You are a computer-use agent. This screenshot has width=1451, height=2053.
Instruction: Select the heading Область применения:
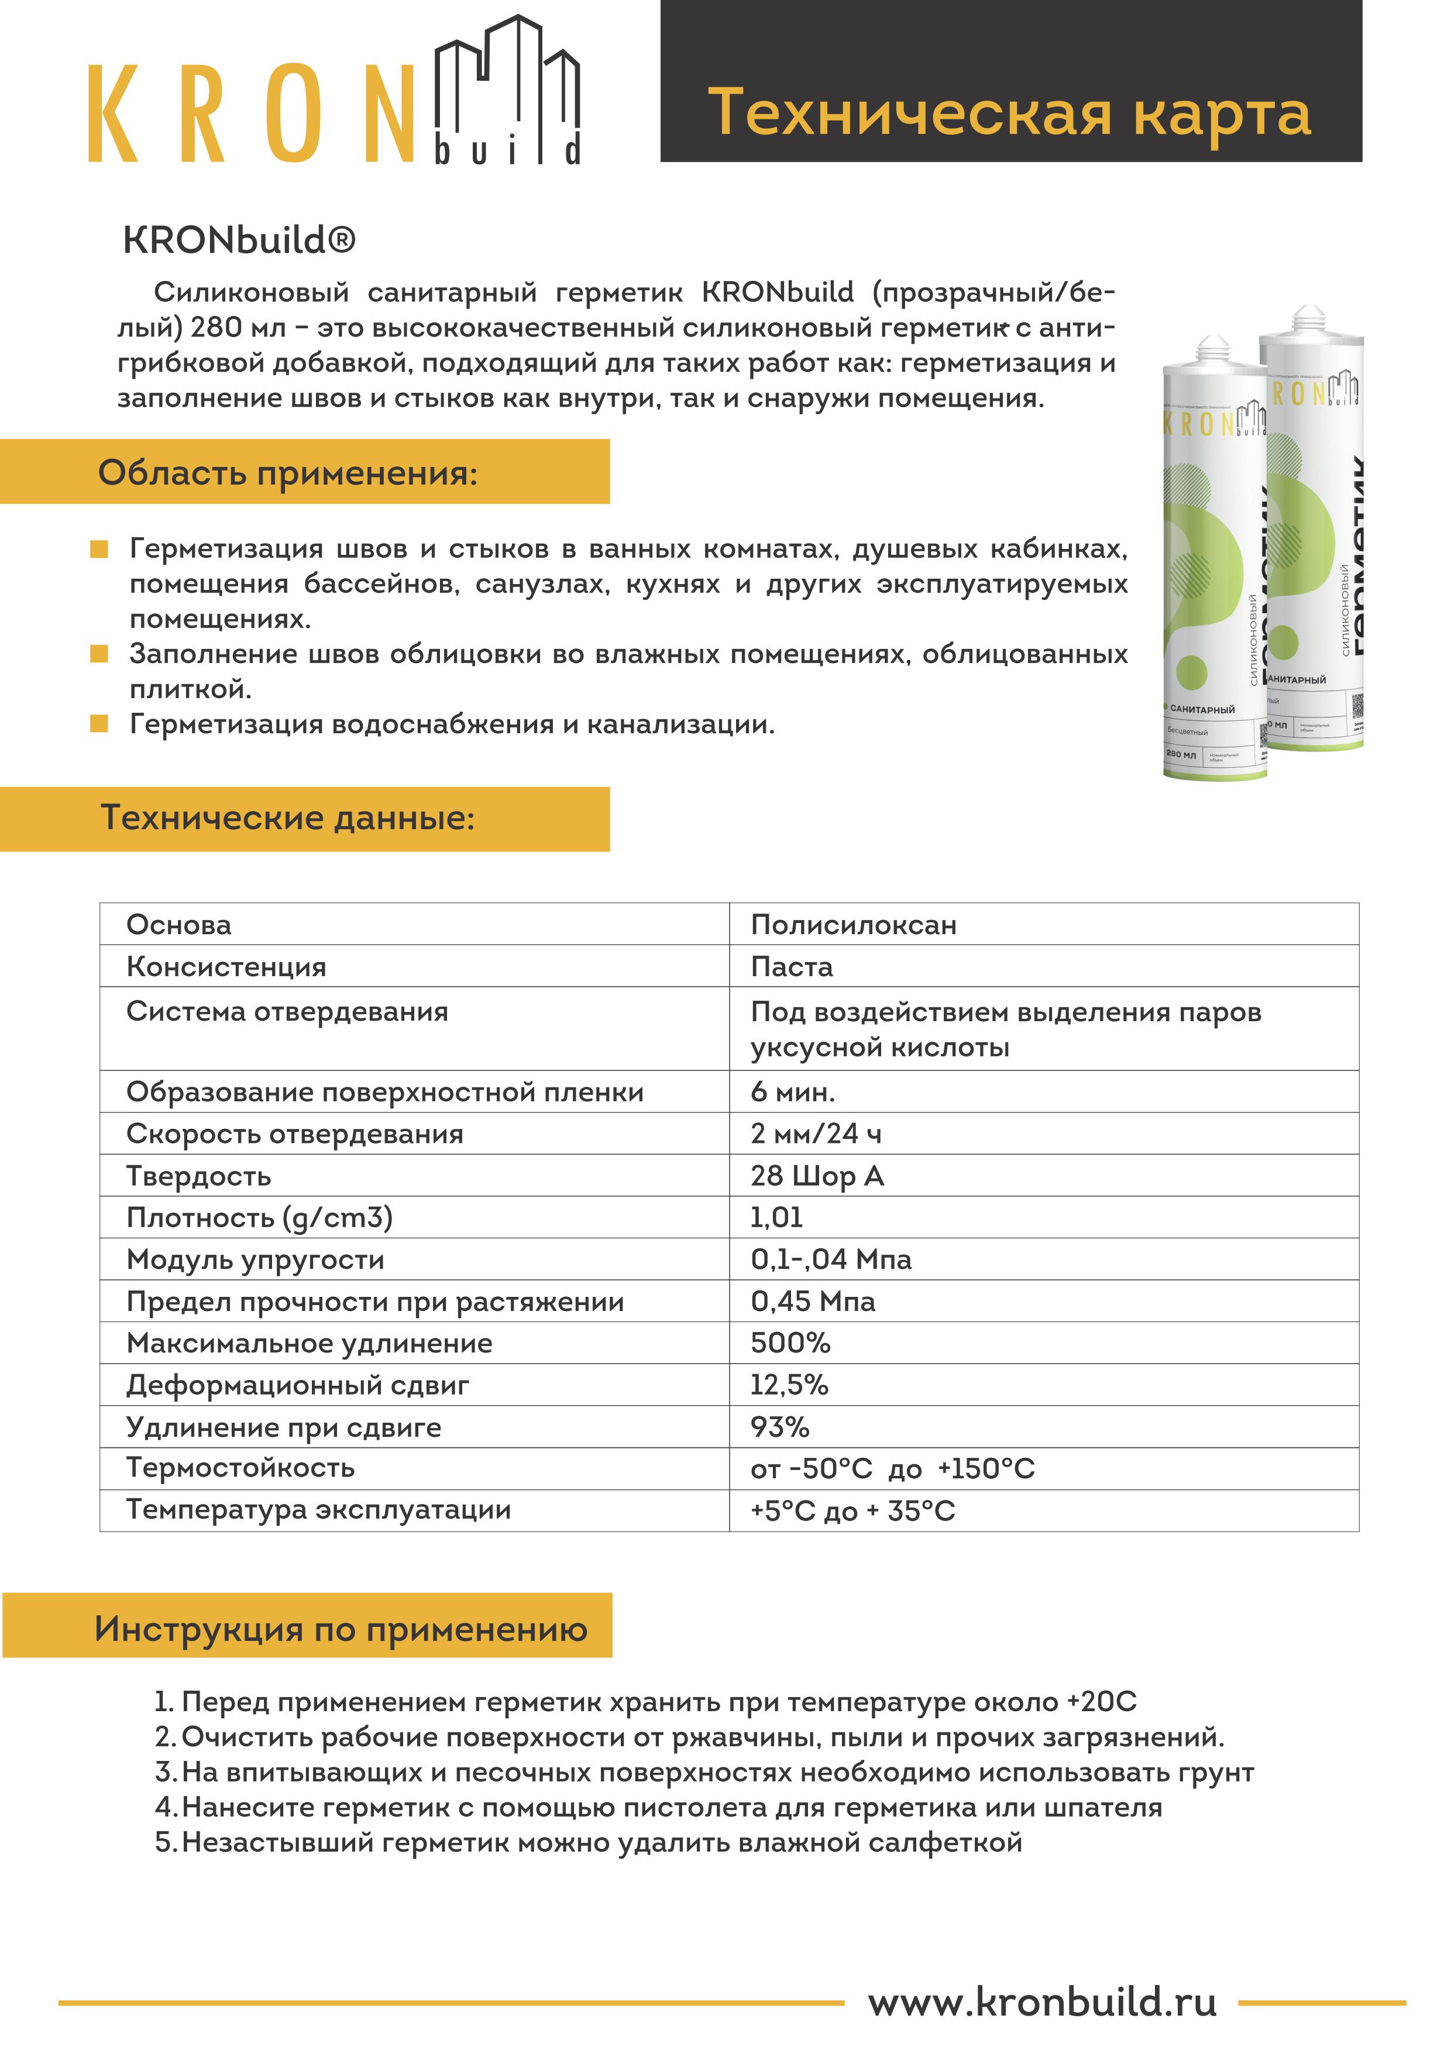pyautogui.click(x=288, y=472)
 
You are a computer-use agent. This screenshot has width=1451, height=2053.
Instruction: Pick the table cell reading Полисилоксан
pyautogui.click(x=853, y=925)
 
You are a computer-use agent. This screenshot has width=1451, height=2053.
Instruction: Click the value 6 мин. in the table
pyautogui.click(x=792, y=1092)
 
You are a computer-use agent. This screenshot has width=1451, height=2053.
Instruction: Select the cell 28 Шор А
pyautogui.click(x=817, y=1176)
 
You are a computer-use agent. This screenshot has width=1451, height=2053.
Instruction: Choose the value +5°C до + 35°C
pyautogui.click(x=852, y=1511)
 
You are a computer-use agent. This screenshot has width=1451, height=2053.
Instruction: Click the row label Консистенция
pyautogui.click(x=226, y=967)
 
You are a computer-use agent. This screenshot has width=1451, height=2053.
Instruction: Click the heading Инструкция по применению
pyautogui.click(x=341, y=1629)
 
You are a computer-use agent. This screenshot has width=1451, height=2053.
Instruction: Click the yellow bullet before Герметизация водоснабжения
pyautogui.click(x=99, y=723)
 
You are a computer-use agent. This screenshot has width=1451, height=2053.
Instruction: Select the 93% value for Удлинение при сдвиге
pyautogui.click(x=779, y=1427)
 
